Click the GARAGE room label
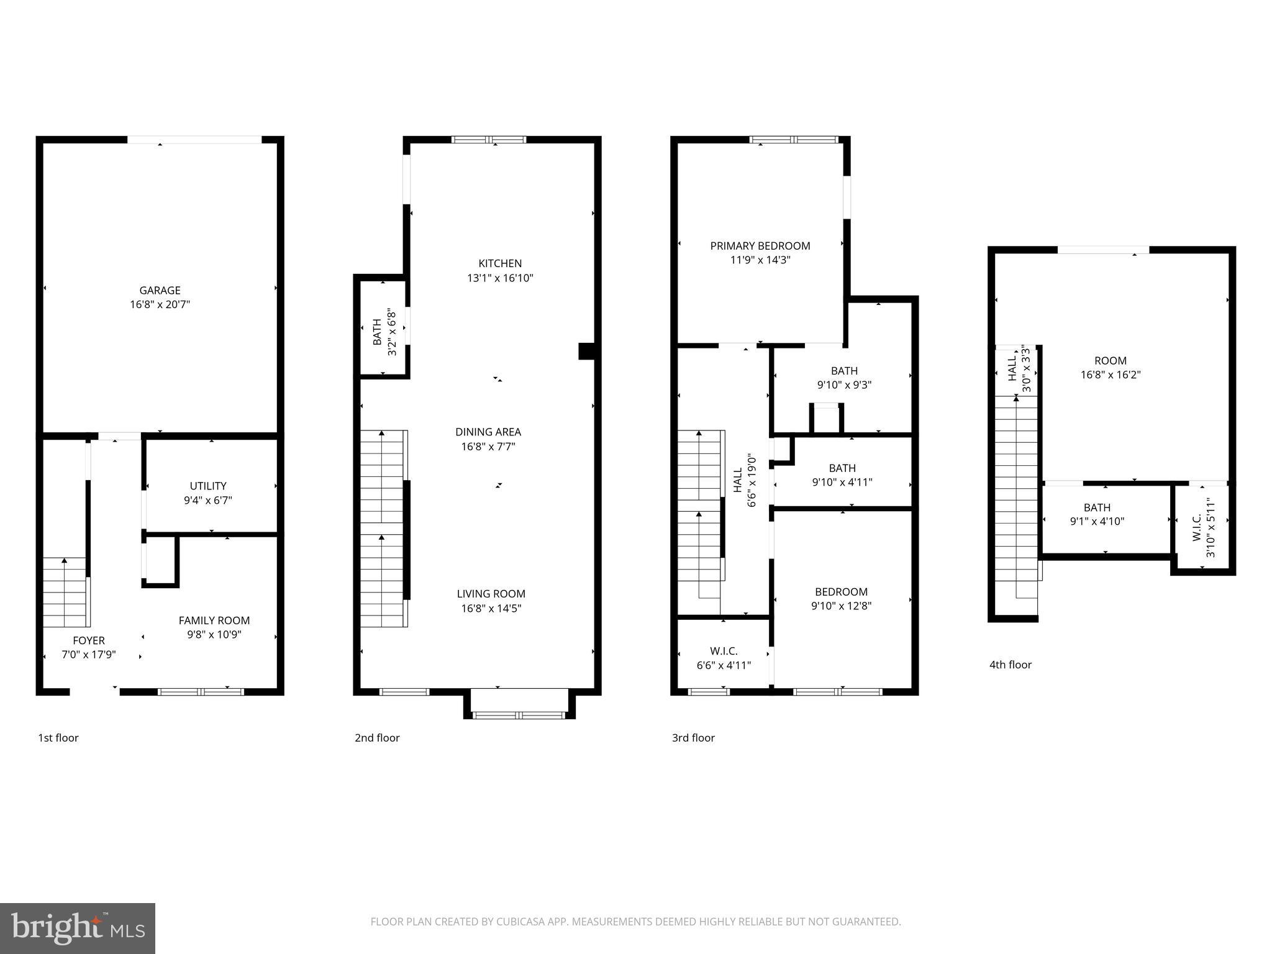coord(160,290)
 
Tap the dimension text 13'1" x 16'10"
coord(500,278)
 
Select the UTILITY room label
coord(208,486)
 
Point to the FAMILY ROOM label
coord(214,620)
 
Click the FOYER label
coord(89,640)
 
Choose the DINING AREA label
coord(488,432)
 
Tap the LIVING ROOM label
coord(491,594)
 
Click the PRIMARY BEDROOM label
coord(760,246)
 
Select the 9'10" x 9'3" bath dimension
coord(844,385)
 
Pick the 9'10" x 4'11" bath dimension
coord(842,482)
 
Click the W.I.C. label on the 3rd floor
coord(724,651)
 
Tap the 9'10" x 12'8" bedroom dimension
coord(842,606)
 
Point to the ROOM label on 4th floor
coord(1111,360)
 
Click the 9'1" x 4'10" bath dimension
coord(1097,522)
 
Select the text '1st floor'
coord(58,738)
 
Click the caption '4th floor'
coord(1011,665)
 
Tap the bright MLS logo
coord(78,928)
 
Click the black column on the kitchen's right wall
coord(587,351)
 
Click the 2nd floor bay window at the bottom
coord(519,715)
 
